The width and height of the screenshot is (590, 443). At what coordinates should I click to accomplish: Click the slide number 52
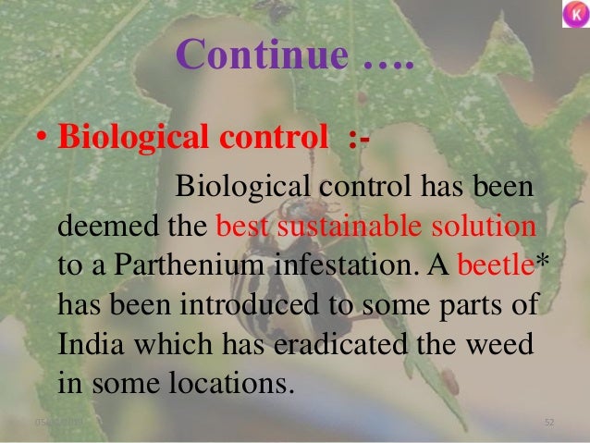click(549, 422)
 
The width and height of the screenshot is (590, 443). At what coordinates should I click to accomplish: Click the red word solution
click(483, 228)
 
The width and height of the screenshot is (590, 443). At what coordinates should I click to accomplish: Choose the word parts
click(452, 305)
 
